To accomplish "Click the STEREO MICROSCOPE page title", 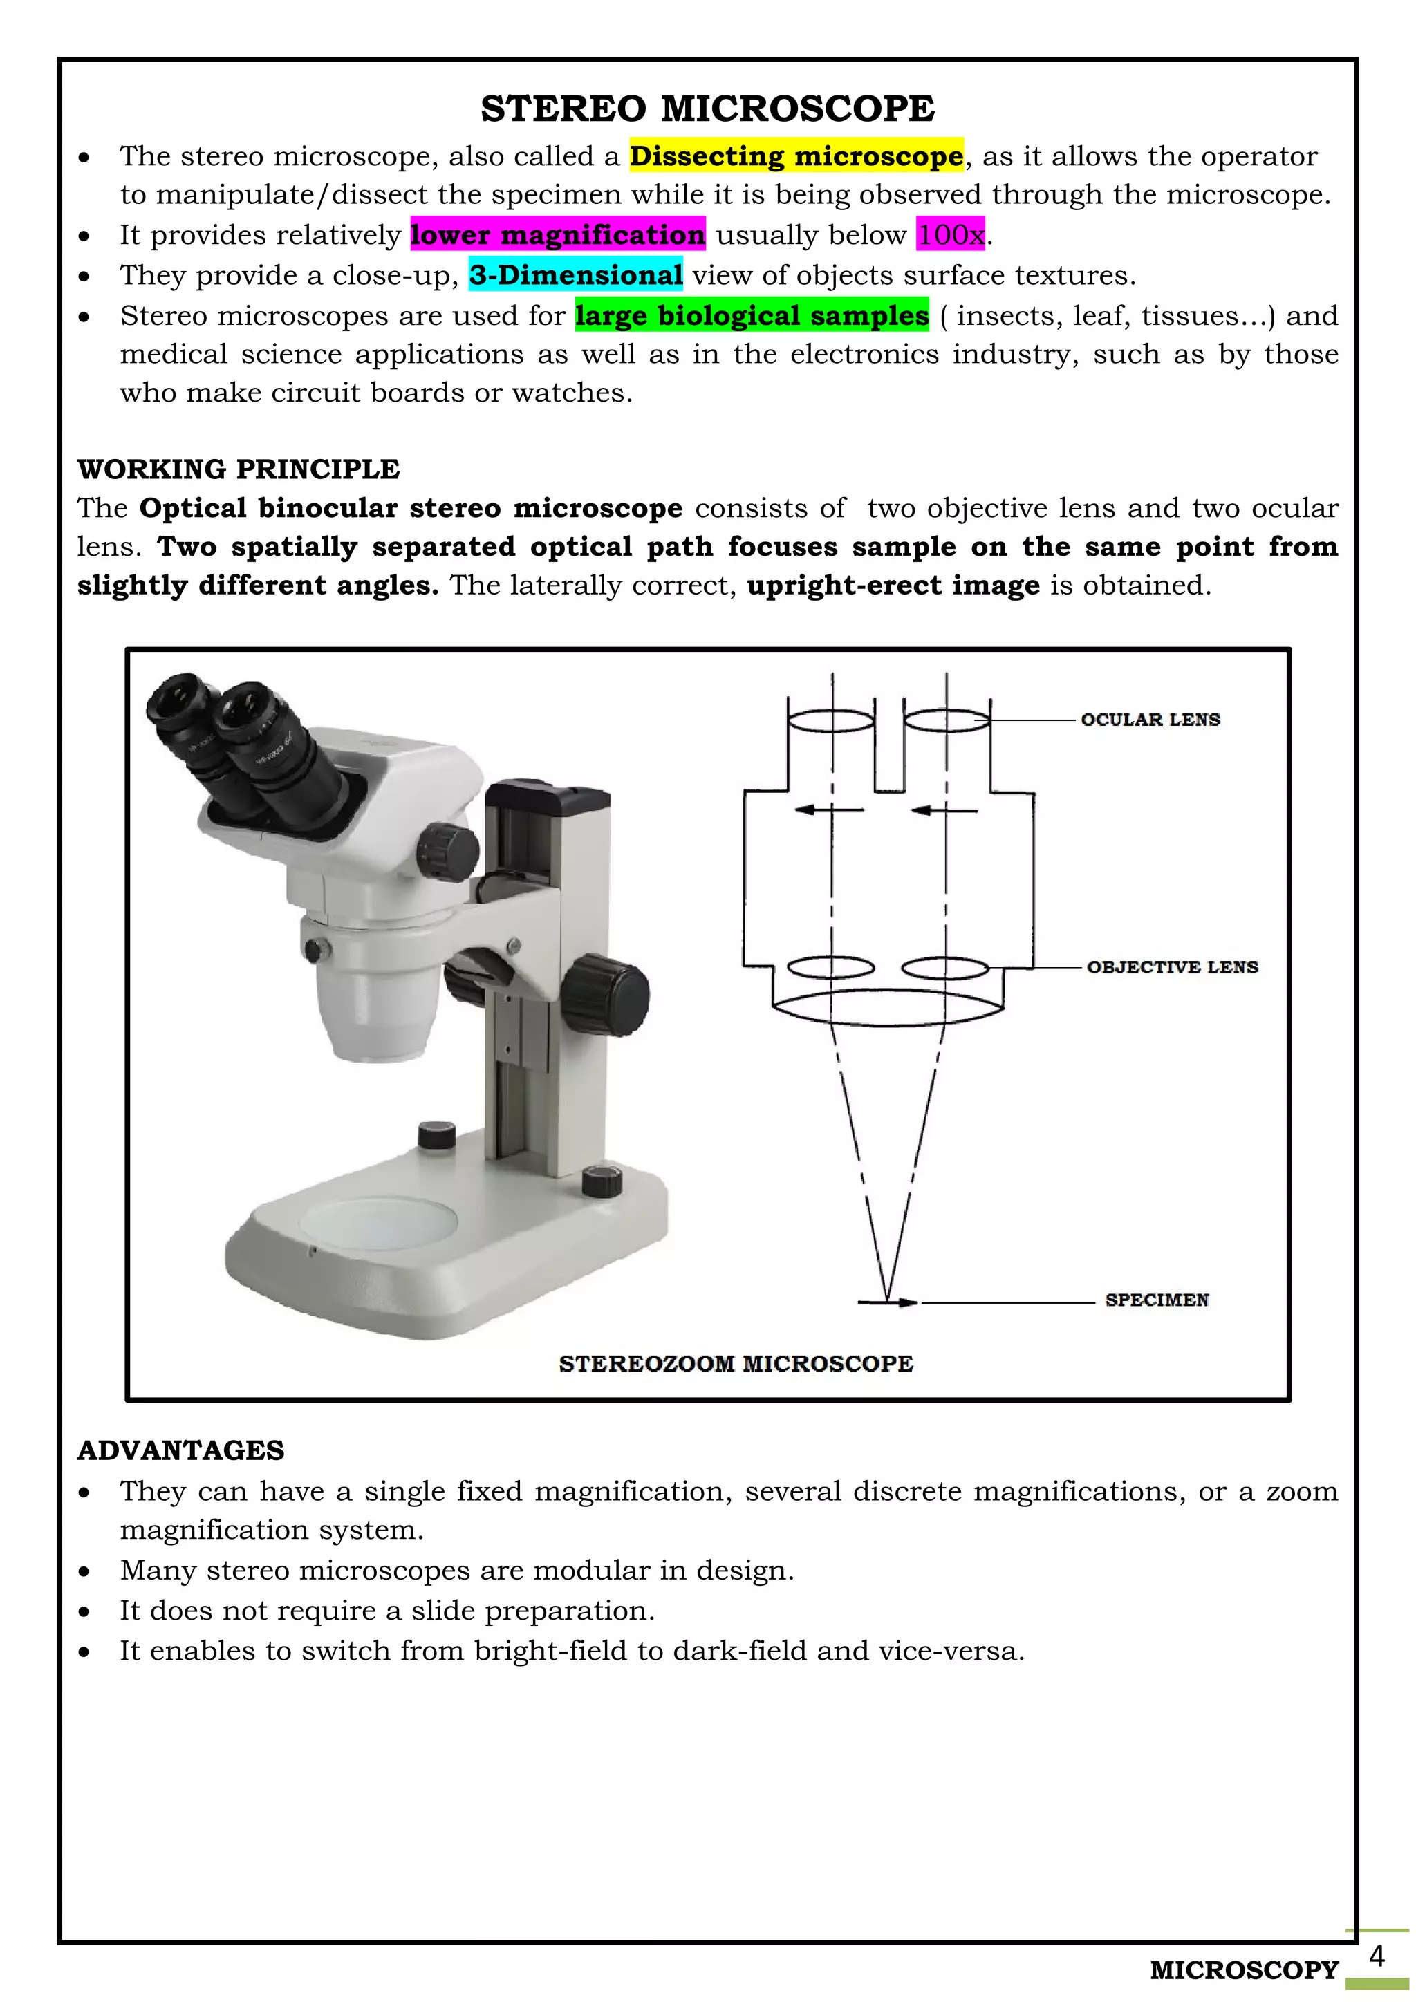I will coord(707,109).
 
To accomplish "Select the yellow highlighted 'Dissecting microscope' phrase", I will coord(796,156).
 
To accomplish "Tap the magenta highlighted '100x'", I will coord(951,234).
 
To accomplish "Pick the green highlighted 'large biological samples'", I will coord(752,316).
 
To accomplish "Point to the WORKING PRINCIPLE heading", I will coord(238,469).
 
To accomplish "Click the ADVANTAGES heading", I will coord(180,1450).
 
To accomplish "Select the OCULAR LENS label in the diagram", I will coord(1149,720).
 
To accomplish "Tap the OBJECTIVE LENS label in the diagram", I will coord(1172,967).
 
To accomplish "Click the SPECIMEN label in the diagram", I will coord(1156,1300).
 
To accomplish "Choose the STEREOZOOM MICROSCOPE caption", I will coord(736,1364).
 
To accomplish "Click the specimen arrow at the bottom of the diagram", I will coord(888,1302).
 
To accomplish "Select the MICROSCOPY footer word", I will coord(1243,1970).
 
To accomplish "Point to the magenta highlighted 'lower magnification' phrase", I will coord(557,234).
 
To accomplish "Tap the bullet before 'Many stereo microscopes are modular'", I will coord(84,1571).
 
